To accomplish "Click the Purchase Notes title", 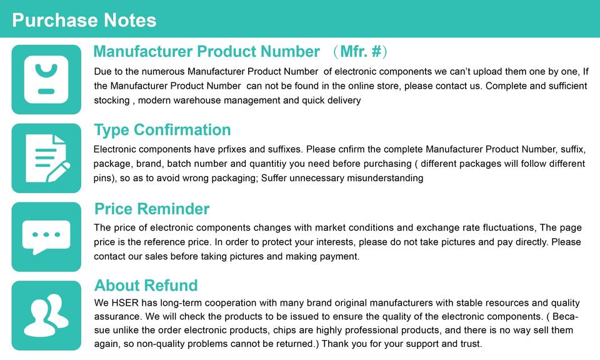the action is pos(84,20).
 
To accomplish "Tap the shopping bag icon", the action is pos(46,79).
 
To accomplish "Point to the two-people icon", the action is pos(46,316).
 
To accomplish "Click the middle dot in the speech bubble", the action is pos(46,234).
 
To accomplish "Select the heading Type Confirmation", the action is pos(162,130).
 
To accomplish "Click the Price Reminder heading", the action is pos(152,209).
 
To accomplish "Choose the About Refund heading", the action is pos(146,286).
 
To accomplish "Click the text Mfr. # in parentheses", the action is pos(361,52).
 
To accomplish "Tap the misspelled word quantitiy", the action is pos(268,164).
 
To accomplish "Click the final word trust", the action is pos(471,344).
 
